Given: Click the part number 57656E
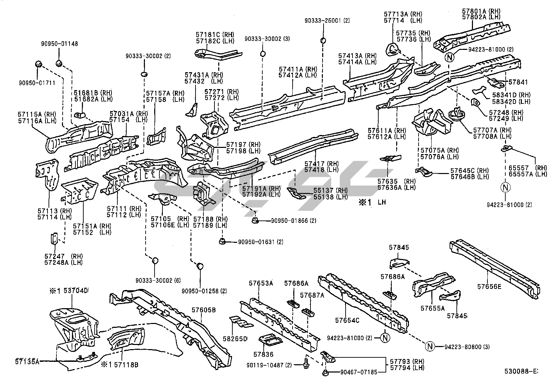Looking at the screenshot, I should coord(489,286).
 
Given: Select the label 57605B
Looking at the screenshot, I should coord(203,310).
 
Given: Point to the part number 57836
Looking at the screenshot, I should coord(263,354).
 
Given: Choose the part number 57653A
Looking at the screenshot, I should coord(261,283).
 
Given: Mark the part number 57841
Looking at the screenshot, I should coord(518,82).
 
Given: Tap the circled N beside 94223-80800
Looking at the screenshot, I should coord(430,346).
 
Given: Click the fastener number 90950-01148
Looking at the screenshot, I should coord(60,44).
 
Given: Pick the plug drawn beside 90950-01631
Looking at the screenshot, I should coord(222,241).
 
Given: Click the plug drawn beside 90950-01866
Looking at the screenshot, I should coord(255,220).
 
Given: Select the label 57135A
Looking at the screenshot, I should coord(28,361).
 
